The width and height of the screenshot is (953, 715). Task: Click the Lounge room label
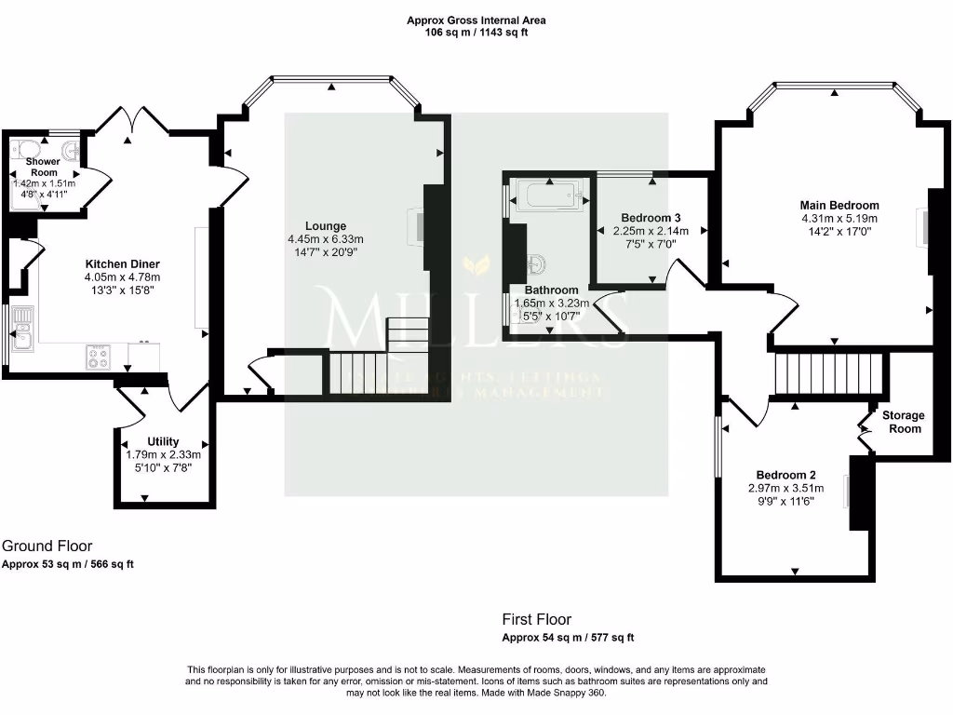pyautogui.click(x=326, y=225)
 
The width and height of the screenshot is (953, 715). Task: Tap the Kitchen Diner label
pyautogui.click(x=123, y=263)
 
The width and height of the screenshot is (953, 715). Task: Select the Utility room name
pyautogui.click(x=163, y=441)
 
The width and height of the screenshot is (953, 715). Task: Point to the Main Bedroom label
pyautogui.click(x=839, y=205)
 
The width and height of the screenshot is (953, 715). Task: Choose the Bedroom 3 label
pyautogui.click(x=651, y=218)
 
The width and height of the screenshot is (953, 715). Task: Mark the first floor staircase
pyautogui.click(x=828, y=372)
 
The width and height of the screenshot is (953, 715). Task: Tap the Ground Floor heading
pyautogui.click(x=47, y=546)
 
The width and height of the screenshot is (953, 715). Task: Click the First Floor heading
pyautogui.click(x=536, y=619)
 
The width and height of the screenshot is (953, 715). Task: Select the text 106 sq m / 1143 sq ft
pyautogui.click(x=476, y=33)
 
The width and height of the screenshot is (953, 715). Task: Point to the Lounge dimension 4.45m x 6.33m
pyautogui.click(x=326, y=238)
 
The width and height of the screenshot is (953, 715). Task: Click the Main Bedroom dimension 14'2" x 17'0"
pyautogui.click(x=839, y=233)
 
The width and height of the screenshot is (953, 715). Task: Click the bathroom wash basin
pyautogui.click(x=538, y=262)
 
